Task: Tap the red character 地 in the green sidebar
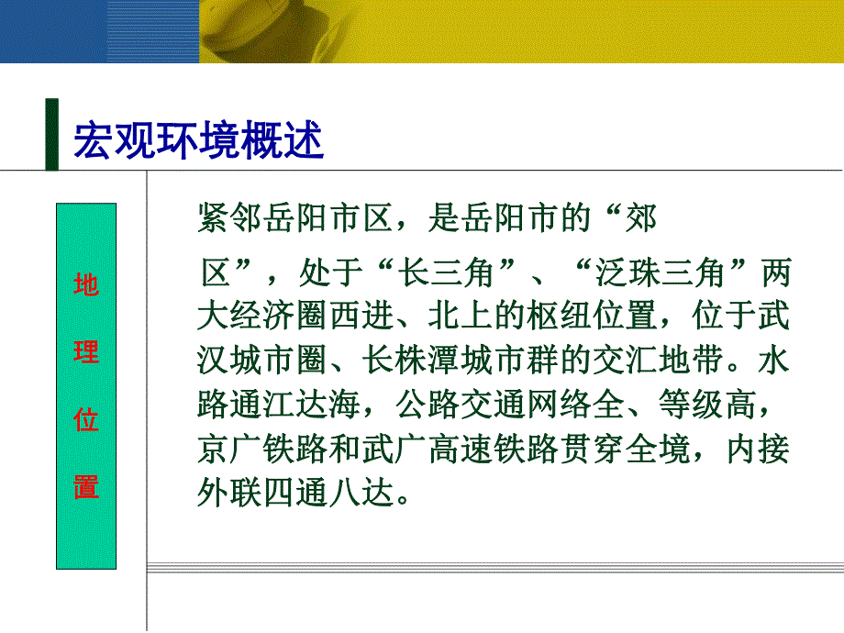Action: point(86,285)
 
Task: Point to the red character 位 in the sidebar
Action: point(86,420)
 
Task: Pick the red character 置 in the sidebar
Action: point(86,486)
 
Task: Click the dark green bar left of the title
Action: point(51,134)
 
